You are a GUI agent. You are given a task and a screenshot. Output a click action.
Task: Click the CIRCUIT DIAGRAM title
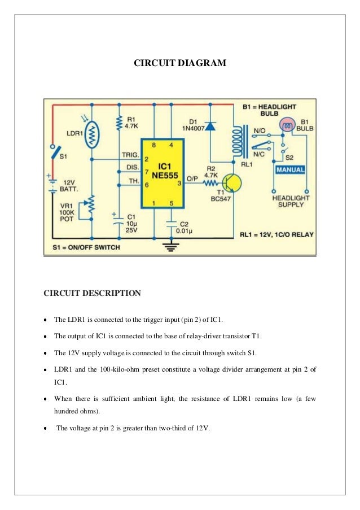coord(179,63)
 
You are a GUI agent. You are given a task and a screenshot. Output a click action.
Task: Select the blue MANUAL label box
coord(289,169)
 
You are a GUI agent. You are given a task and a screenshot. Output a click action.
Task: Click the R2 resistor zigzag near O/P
coord(210,184)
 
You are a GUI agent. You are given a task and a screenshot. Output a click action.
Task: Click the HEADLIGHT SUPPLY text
coord(290,202)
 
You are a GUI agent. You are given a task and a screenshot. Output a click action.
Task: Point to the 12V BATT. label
coord(68,186)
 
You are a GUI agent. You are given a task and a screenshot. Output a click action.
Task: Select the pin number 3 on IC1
coord(179,184)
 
